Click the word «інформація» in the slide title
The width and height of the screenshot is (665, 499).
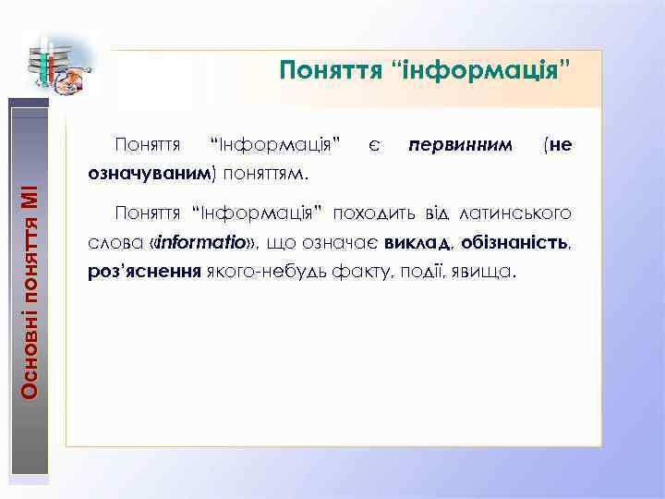pos(500,70)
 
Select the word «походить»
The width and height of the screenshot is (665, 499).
pos(373,214)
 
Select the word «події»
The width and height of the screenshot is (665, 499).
pos(398,274)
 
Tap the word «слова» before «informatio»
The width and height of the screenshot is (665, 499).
pos(110,243)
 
